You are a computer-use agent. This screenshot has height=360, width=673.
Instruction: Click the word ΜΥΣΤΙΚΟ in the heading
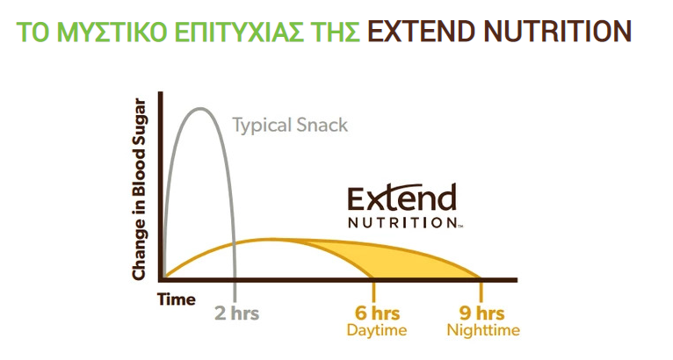(112, 32)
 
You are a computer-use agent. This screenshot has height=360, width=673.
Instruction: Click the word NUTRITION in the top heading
(557, 32)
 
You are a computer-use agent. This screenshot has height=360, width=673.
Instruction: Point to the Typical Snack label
(290, 126)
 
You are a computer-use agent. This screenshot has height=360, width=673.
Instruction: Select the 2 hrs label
(237, 313)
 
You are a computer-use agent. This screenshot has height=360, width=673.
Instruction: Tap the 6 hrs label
(377, 313)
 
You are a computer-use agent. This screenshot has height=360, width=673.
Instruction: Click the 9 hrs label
(482, 313)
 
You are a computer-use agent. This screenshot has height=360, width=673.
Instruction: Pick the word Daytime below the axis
(377, 330)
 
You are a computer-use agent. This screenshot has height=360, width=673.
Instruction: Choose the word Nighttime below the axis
(483, 330)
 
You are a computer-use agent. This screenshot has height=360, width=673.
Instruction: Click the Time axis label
(176, 299)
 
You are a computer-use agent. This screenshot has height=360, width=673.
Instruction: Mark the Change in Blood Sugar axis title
(139, 190)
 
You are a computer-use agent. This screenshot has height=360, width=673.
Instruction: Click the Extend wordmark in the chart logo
(402, 198)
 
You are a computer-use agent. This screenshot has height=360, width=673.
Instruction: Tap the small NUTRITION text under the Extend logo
(403, 223)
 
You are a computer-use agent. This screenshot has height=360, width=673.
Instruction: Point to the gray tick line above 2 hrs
(235, 292)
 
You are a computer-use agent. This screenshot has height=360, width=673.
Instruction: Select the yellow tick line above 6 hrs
(374, 292)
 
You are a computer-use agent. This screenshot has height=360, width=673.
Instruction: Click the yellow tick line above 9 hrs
(481, 292)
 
